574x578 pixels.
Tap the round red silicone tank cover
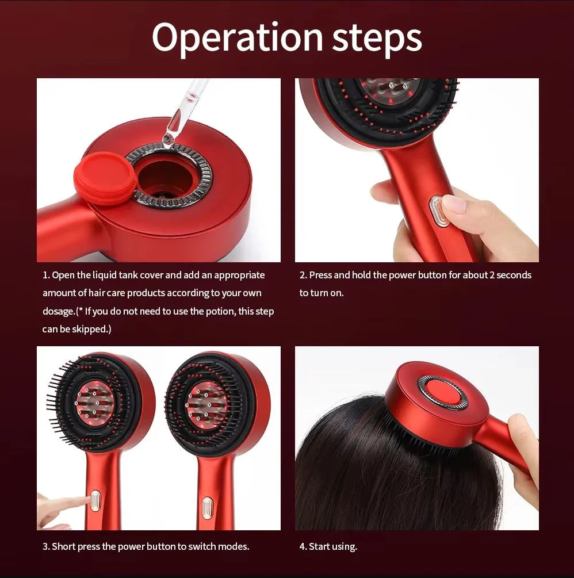pyautogui.click(x=106, y=178)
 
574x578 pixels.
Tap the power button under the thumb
pyautogui.click(x=439, y=210)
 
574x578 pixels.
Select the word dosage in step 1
pyautogui.click(x=59, y=311)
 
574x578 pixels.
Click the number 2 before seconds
pyautogui.click(x=492, y=275)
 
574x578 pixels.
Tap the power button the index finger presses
pyautogui.click(x=95, y=500)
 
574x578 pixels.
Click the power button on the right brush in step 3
pyautogui.click(x=207, y=507)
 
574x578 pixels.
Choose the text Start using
pyautogui.click(x=332, y=546)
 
